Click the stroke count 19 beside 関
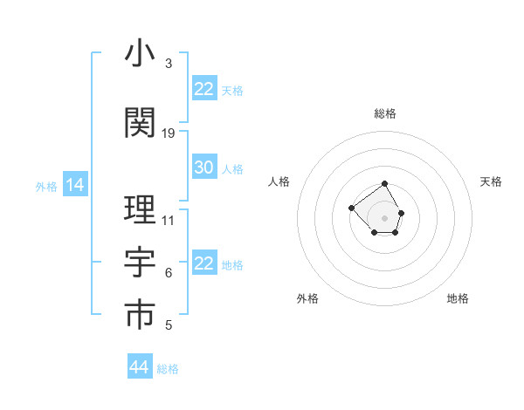pyautogui.click(x=169, y=133)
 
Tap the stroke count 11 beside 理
pyautogui.click(x=169, y=221)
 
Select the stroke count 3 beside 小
pyautogui.click(x=168, y=64)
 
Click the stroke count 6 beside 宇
pyautogui.click(x=168, y=273)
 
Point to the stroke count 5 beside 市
pyautogui.click(x=168, y=325)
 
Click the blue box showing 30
pyautogui.click(x=204, y=168)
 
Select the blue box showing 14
pyautogui.click(x=75, y=185)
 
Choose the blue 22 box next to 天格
pyautogui.click(x=204, y=89)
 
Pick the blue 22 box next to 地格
pyautogui.click(x=204, y=263)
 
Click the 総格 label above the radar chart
pyautogui.click(x=384, y=113)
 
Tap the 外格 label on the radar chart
pyautogui.click(x=307, y=298)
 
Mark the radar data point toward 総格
pyautogui.click(x=384, y=184)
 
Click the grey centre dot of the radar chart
pyautogui.click(x=384, y=217)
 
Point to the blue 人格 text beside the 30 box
pyautogui.click(x=232, y=169)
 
